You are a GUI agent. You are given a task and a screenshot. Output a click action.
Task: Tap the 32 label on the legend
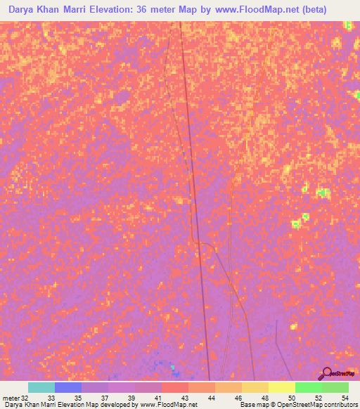pos(25,398)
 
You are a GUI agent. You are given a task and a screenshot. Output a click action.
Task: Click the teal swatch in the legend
pos(41,387)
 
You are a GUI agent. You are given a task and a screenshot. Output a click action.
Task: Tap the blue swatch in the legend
pos(68,387)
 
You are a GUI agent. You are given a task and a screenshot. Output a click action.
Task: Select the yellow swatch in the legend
pos(282,387)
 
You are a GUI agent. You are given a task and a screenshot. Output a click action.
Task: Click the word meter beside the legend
pos(11,398)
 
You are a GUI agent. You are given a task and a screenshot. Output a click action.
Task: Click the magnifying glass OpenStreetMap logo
pos(326,373)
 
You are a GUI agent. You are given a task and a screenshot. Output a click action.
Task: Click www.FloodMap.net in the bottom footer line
pos(169,405)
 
